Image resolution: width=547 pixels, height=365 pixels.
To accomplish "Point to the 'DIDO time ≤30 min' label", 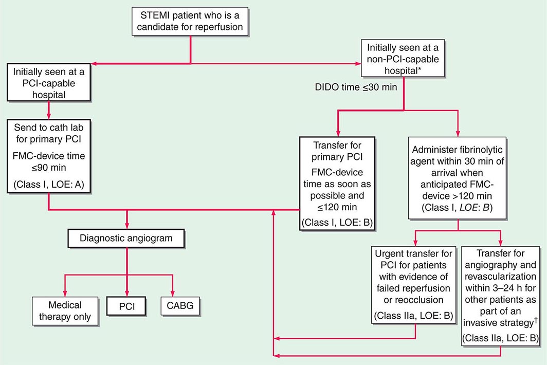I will point(356,87).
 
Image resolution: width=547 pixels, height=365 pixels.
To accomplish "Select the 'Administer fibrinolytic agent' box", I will point(458,178).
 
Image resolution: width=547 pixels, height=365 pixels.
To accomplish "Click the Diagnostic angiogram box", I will point(126,239).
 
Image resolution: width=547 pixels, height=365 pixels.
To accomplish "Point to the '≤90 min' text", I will point(33,167).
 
